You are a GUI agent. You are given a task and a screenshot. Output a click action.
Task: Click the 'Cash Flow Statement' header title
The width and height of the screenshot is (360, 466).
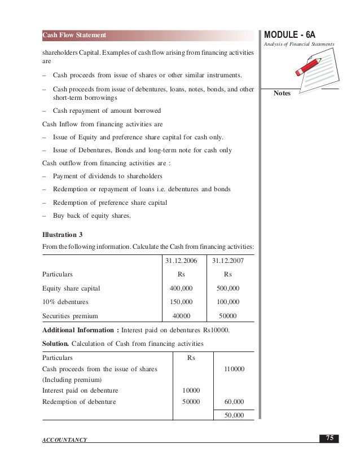74,36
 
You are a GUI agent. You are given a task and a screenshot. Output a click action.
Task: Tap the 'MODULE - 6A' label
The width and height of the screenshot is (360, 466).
295,34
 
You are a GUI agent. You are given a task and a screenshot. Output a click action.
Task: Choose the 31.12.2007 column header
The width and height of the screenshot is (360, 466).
228,261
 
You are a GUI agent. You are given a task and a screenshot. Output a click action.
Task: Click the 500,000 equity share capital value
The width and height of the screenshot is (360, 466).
228,288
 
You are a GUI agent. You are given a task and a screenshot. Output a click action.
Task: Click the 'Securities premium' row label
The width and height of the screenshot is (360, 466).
70,316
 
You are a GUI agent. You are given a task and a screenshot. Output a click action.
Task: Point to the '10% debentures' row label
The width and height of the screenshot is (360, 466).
65,302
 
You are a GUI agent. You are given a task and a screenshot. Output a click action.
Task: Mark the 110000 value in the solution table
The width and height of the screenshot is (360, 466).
234,368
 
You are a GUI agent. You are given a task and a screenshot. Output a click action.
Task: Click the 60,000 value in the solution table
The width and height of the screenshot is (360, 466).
234,402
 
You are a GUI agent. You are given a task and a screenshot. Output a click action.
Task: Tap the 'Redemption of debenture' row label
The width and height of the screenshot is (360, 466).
79,402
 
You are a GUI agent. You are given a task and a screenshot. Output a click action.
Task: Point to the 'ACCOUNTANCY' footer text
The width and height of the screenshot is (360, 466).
64,439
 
